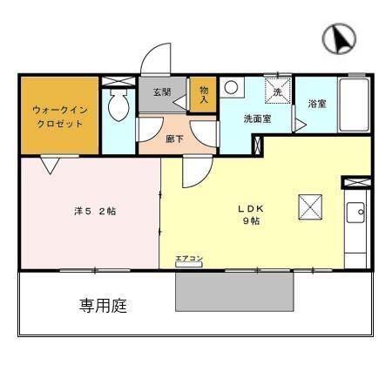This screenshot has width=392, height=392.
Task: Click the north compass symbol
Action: point(341,37)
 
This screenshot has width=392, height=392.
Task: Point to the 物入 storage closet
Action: point(203,93)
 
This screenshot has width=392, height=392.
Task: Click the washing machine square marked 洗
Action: point(278,91)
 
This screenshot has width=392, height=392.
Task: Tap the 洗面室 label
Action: point(256,119)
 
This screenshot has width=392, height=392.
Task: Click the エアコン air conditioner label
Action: point(188,259)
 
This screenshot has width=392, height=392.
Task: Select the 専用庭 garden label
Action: point(103,306)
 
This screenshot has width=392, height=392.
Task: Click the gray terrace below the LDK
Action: point(233,290)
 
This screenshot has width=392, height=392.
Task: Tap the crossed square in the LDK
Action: point(311,207)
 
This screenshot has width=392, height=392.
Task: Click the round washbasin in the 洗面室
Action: point(231,87)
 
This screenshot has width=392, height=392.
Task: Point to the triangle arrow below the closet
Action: point(50,163)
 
